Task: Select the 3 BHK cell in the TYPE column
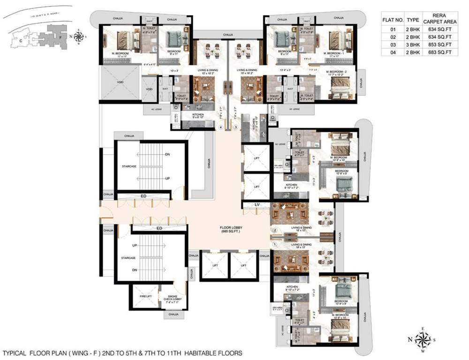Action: (x=413, y=45)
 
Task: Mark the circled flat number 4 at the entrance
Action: (x=220, y=127)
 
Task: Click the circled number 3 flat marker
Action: (x=236, y=127)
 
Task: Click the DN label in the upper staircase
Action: (x=167, y=155)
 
